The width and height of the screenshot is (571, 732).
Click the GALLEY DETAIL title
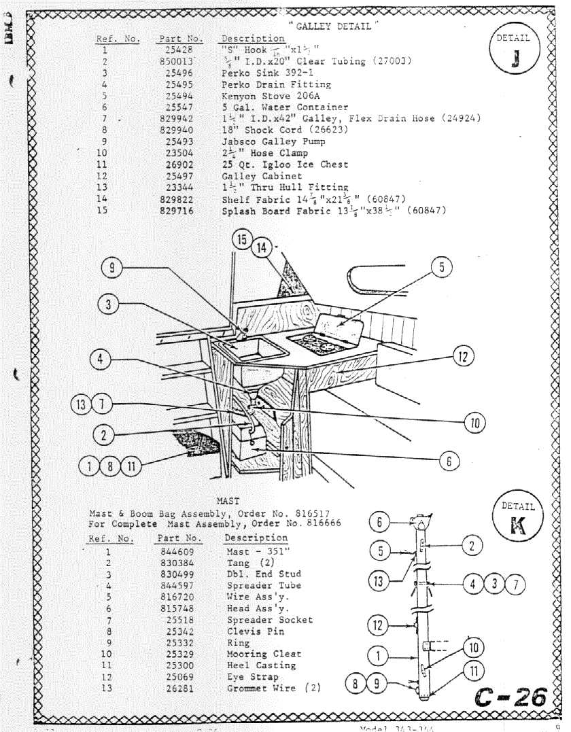click(x=333, y=26)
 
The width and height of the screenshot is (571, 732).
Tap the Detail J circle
click(x=513, y=51)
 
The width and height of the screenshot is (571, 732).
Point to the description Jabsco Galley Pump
click(x=273, y=141)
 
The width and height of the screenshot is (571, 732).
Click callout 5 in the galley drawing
click(x=441, y=267)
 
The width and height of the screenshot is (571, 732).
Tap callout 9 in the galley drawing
click(x=112, y=268)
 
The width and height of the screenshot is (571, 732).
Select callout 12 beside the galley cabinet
click(x=463, y=355)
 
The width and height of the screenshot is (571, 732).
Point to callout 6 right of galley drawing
click(x=449, y=461)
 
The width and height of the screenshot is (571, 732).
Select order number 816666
click(x=319, y=524)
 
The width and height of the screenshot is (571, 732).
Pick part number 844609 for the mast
click(x=177, y=552)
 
